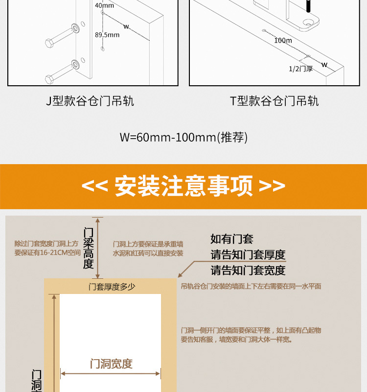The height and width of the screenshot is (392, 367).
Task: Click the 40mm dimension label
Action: [104, 5]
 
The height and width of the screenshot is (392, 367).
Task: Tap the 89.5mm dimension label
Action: [107, 35]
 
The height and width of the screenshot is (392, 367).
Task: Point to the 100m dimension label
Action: [283, 40]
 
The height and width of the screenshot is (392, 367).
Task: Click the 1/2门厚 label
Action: [300, 69]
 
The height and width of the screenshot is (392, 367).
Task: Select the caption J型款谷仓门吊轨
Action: [90, 101]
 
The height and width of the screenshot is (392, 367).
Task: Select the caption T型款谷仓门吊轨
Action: [275, 101]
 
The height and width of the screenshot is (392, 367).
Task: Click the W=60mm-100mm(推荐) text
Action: [183, 137]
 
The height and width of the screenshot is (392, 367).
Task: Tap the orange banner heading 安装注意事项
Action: [183, 186]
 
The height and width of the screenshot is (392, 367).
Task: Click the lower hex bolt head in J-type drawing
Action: [49, 78]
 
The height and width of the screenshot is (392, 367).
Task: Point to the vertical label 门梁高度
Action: [88, 247]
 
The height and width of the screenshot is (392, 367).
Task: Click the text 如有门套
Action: [232, 239]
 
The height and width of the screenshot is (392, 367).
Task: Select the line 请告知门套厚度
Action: [248, 255]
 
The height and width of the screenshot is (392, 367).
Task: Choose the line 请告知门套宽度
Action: [248, 270]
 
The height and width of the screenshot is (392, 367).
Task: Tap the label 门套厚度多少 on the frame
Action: [112, 287]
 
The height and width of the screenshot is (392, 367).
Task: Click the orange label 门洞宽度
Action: [111, 364]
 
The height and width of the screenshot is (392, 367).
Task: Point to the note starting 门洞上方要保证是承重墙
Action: [148, 248]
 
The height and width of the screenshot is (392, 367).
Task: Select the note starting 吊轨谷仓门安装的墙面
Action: [251, 286]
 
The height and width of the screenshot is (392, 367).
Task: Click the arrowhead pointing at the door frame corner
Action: [180, 277]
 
